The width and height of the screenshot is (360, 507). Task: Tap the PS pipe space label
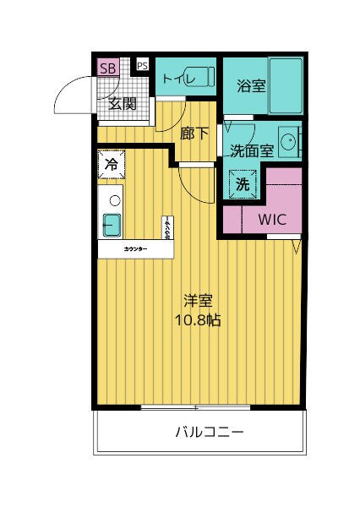point(142,65)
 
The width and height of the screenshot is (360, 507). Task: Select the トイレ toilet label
point(178,79)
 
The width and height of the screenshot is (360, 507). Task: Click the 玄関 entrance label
point(123,104)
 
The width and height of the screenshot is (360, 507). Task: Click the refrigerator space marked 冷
point(111,164)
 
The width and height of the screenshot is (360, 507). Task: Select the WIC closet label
point(272,219)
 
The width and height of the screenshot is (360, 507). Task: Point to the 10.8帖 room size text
point(198,320)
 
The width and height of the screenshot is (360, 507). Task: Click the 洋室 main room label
point(198,301)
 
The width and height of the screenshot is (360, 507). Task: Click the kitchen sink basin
point(112,226)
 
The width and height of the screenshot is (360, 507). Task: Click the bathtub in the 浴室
point(284,84)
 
